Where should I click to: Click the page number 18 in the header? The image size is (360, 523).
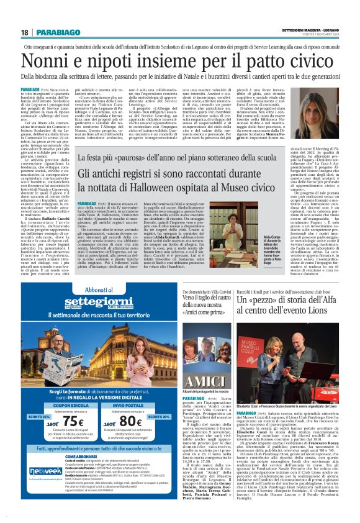25,32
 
